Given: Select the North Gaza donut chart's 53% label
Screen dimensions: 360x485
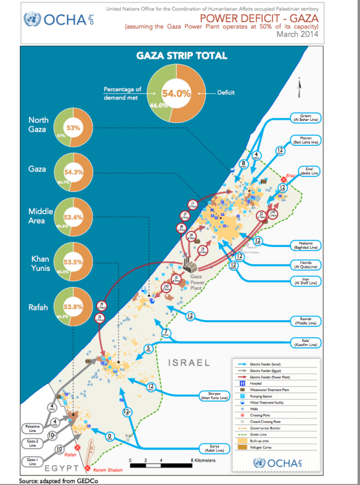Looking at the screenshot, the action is [73, 128].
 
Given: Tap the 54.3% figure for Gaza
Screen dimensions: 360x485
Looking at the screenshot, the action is [74, 173].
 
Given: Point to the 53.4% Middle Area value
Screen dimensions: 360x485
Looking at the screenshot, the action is [73, 217].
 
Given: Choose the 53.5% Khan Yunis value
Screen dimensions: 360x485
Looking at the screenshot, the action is [73, 262].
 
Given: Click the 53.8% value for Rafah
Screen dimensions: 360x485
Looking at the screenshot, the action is [73, 306].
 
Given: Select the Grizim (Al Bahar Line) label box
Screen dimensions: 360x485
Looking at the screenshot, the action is [306, 118].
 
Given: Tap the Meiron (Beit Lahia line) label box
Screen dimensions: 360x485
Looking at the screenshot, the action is [306, 139].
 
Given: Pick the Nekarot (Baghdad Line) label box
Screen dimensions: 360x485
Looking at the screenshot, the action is [306, 245].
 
